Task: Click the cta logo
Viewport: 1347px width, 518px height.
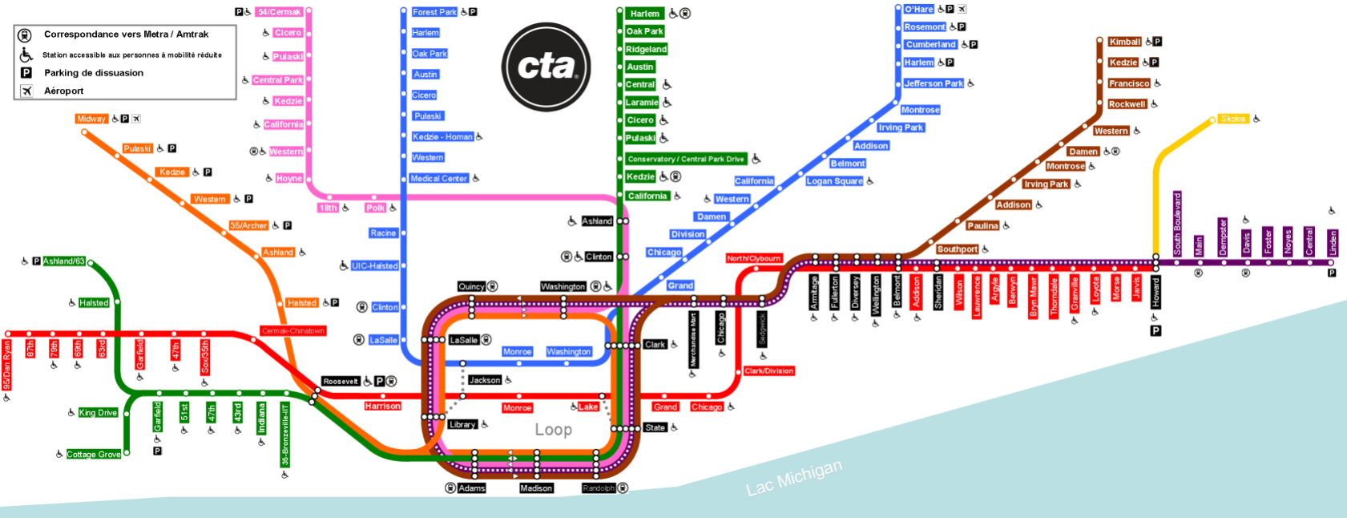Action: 546,66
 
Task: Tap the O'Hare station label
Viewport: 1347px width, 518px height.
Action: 918,10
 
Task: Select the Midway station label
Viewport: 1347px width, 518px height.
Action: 91,119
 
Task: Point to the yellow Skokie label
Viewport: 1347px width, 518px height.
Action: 1233,119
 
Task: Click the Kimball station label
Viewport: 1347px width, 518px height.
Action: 1124,42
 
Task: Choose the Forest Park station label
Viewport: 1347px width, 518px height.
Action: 434,12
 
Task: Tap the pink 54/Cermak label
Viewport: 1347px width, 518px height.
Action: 280,12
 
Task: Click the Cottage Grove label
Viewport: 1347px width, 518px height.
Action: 94,455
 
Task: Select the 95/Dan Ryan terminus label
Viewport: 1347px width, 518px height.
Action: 7,365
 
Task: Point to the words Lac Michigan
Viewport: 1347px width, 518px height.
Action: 793,478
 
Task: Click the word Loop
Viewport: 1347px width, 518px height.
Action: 554,430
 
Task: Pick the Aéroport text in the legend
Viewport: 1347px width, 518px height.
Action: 64,91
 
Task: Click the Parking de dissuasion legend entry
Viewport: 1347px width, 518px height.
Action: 94,73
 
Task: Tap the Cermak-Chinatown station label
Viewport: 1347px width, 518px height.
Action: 293,330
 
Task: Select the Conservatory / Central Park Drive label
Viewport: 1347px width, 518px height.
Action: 686,159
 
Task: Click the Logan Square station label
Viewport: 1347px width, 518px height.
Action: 834,181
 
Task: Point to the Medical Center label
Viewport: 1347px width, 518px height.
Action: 438,178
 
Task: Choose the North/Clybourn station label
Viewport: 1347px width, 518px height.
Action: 753,258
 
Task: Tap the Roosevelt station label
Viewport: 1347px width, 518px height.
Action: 341,382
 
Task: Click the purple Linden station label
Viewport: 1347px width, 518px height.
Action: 1333,242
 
